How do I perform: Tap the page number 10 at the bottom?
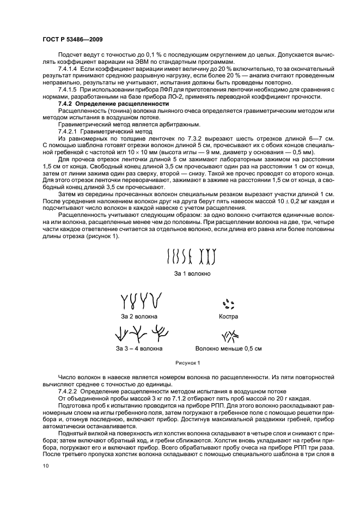(45, 465)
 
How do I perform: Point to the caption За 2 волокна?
(139, 316)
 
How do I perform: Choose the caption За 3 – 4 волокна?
(139, 348)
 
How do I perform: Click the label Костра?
(228, 316)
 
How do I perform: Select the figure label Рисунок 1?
(187, 362)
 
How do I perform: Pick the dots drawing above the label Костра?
(228, 303)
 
